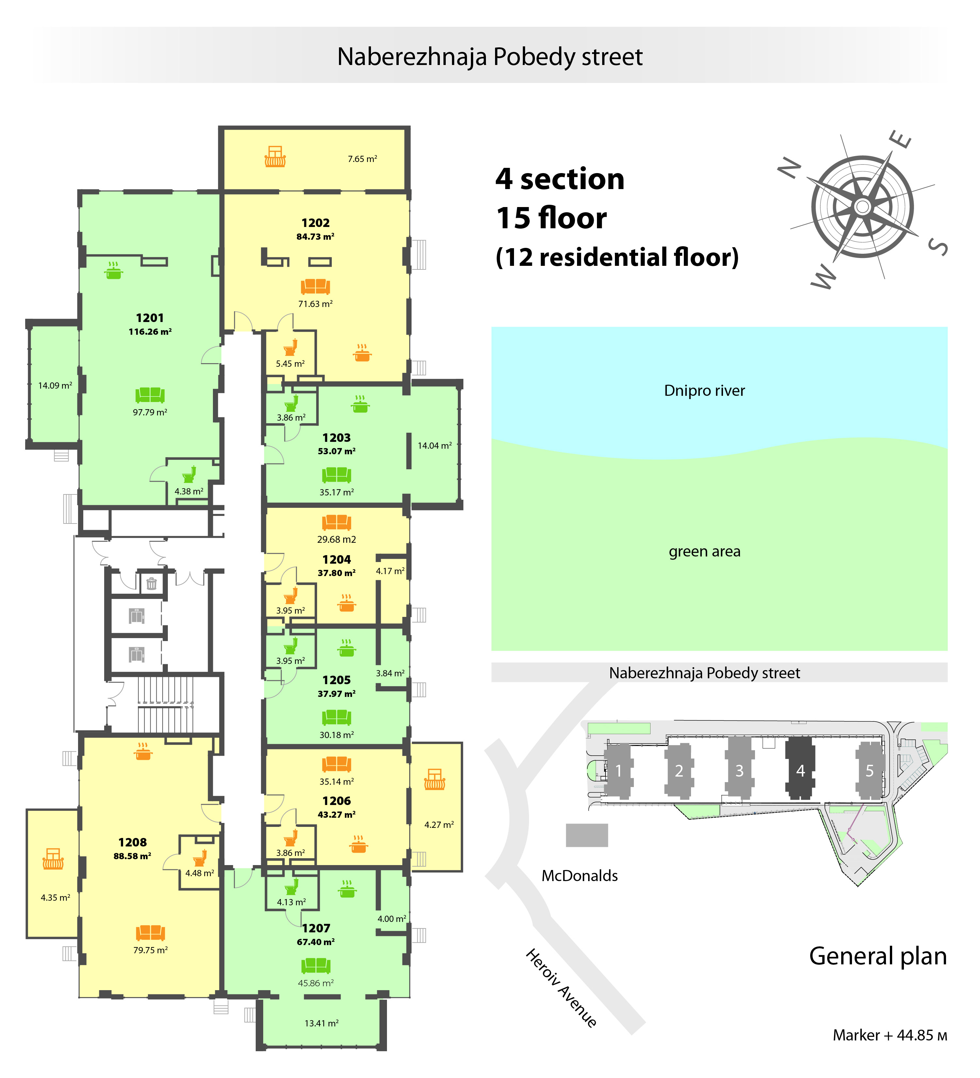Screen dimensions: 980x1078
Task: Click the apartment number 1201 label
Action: tap(150, 318)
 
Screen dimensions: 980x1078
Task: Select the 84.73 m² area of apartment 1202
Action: tap(315, 236)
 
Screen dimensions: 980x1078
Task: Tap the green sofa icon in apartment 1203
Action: tap(336, 474)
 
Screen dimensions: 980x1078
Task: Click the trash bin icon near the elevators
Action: tap(152, 583)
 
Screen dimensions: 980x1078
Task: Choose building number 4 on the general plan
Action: tap(800, 770)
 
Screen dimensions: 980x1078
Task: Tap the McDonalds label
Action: tap(580, 875)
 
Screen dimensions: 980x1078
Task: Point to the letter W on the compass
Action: tap(823, 277)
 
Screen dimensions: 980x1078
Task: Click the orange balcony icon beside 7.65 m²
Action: tap(275, 157)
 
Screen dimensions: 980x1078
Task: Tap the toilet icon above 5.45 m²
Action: tap(290, 347)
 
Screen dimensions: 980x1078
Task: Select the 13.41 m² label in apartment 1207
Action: tap(321, 1023)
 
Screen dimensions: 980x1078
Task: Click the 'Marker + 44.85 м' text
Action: tap(890, 1035)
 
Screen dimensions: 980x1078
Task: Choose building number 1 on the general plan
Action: tap(619, 770)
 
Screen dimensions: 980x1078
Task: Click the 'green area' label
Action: tap(704, 551)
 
